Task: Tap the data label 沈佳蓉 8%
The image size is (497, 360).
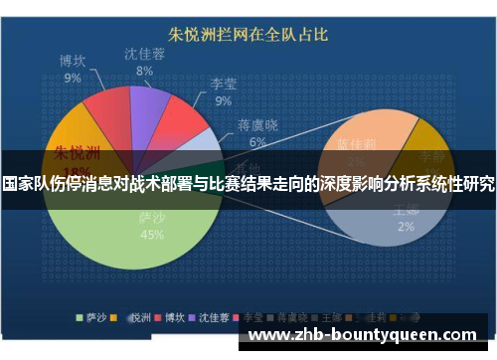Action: [x=144, y=62]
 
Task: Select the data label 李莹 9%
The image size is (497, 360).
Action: [x=224, y=91]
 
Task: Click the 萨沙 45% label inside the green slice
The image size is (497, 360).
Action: [x=152, y=227]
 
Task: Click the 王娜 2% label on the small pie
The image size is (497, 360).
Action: [x=407, y=218]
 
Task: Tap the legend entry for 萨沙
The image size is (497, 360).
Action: [x=91, y=318]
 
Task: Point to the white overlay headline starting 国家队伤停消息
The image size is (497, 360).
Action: [x=248, y=184]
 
